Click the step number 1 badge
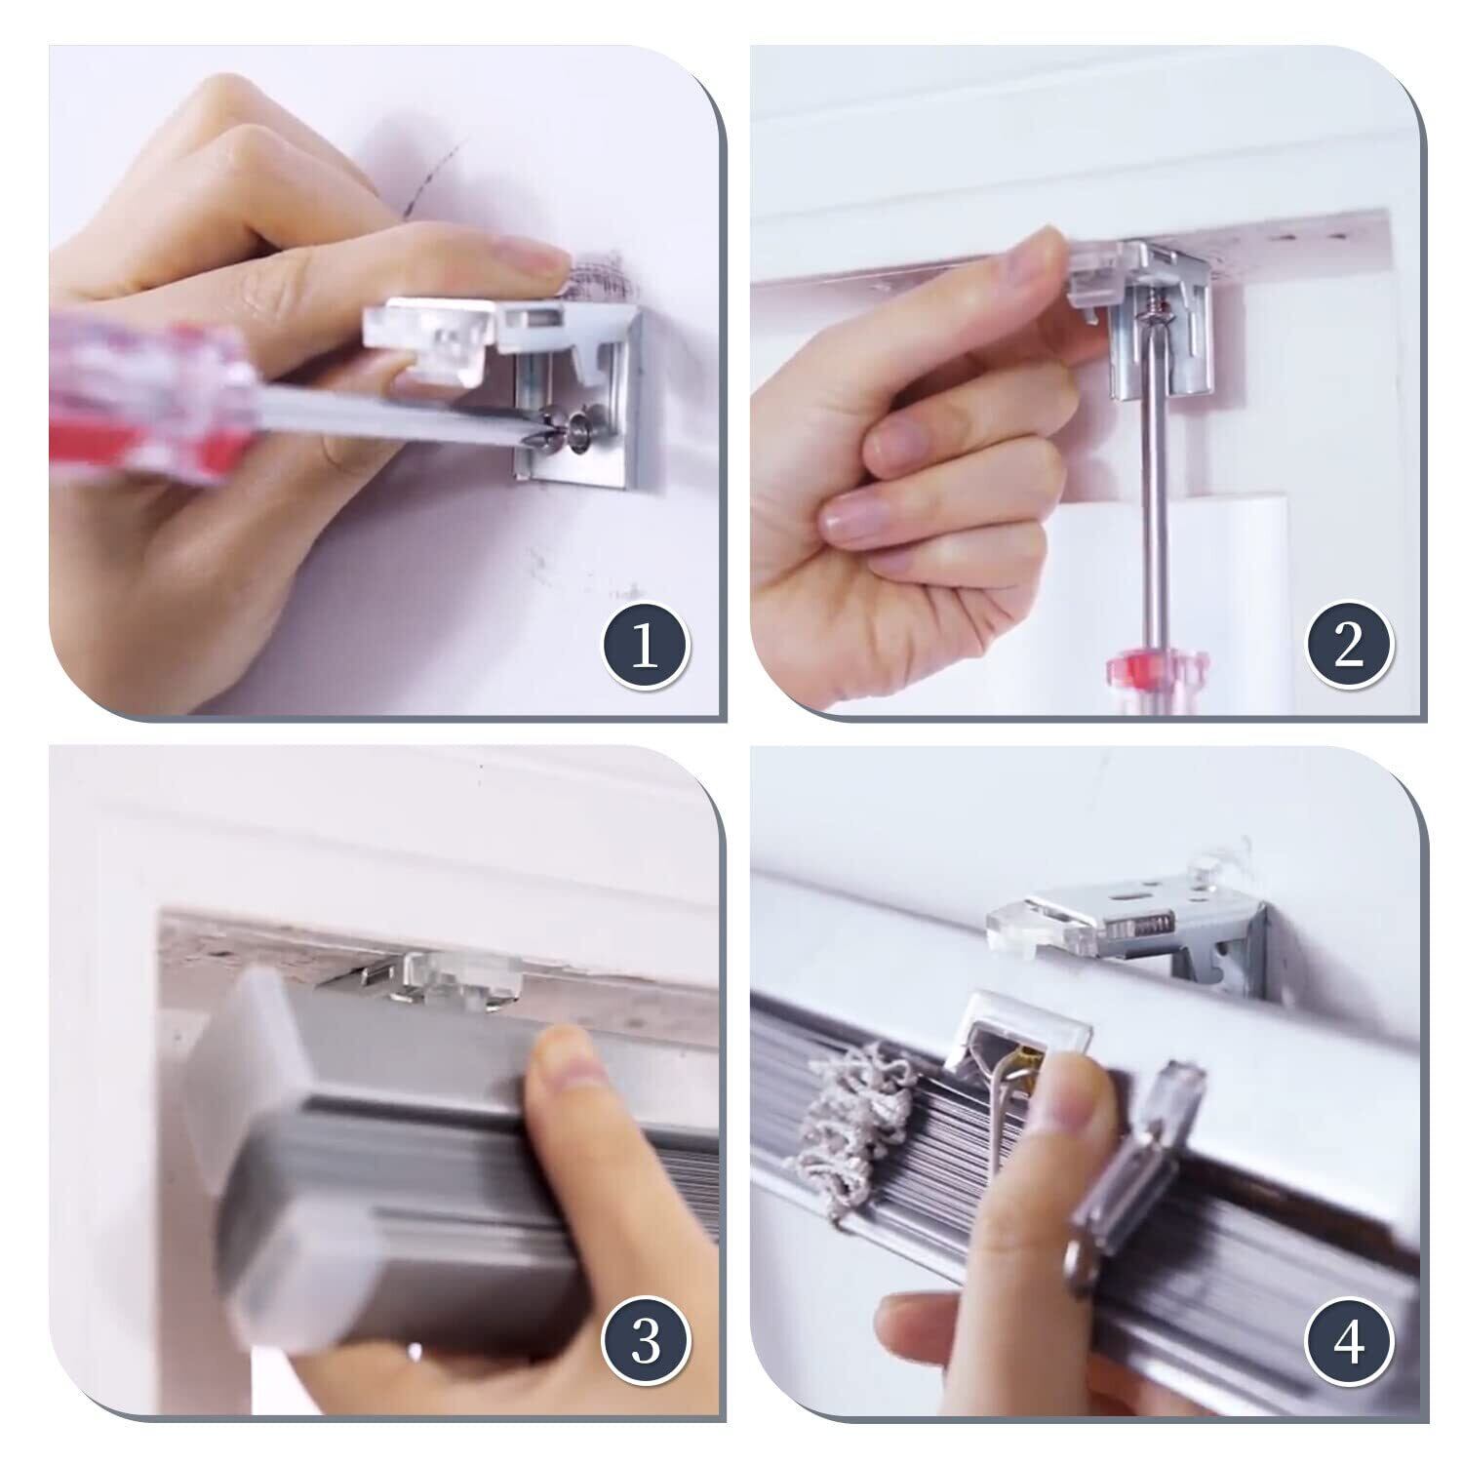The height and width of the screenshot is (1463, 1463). click(x=644, y=648)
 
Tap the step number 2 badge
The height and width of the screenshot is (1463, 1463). click(x=1348, y=646)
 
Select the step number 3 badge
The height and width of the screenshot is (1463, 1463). click(x=644, y=1347)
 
